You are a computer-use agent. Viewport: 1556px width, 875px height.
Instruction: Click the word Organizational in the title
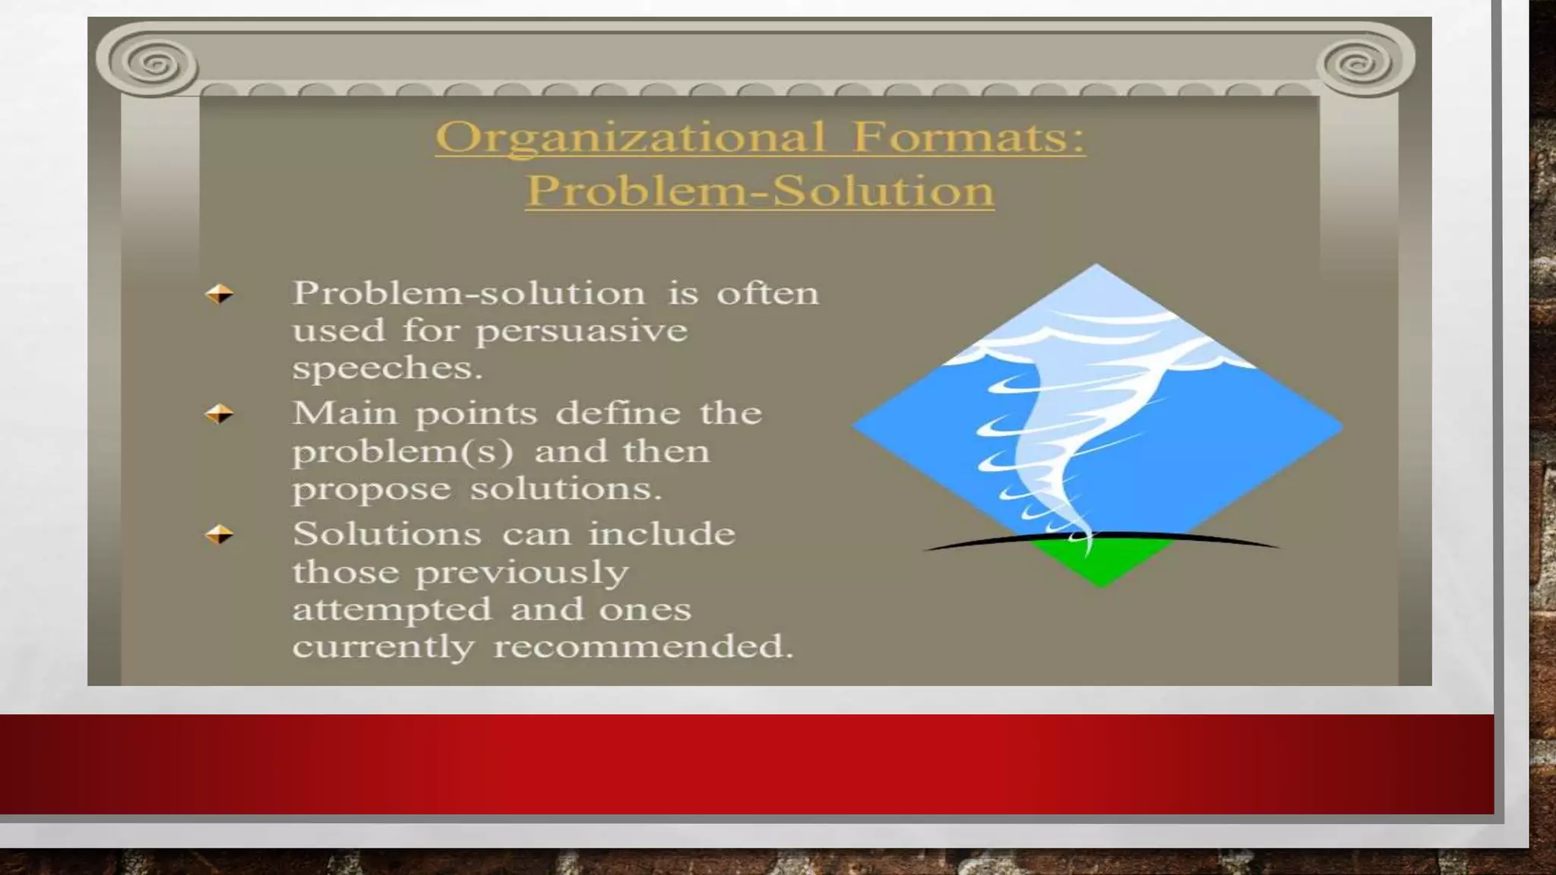630,138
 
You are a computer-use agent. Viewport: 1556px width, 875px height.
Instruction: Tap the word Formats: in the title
969,137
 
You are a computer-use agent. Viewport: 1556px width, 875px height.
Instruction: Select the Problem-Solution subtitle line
760,190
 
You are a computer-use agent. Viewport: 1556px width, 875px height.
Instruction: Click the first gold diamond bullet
220,294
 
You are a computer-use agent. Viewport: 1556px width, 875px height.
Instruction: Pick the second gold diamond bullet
220,414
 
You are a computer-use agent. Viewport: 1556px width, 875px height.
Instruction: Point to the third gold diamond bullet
220,535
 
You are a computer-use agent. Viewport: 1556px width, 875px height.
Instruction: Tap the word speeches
387,368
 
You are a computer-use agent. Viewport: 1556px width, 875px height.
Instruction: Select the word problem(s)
403,452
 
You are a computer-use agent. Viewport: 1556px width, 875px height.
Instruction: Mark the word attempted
392,609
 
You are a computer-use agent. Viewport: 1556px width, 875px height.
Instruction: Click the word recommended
643,646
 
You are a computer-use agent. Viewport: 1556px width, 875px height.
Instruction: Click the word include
662,534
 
